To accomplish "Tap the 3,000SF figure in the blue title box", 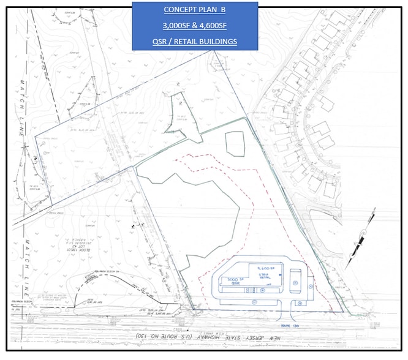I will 177,26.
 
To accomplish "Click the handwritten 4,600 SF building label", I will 268,269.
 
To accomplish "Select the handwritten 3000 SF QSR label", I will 236,284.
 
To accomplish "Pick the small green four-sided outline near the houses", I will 235,143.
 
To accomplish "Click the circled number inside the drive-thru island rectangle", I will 295,282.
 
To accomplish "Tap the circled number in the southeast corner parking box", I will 299,302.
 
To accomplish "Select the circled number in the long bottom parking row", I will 253,301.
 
